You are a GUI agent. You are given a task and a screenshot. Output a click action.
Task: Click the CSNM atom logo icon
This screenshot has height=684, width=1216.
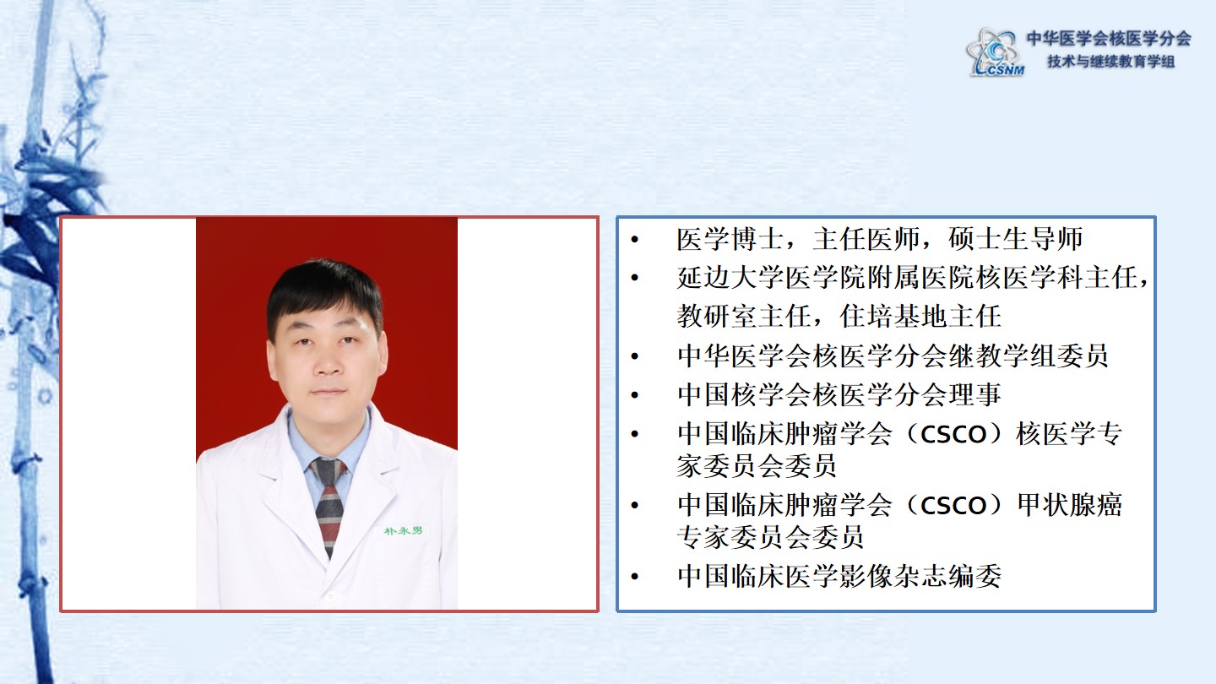tap(995, 52)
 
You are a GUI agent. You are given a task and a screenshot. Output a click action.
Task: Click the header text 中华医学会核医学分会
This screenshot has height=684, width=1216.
tap(1109, 39)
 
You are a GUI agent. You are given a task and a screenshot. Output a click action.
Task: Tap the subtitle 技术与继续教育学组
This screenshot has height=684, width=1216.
tap(1111, 62)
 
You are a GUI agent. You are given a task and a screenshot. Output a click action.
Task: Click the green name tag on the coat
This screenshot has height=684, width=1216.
tap(403, 530)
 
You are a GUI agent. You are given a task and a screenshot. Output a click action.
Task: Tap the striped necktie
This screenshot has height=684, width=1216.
tap(329, 505)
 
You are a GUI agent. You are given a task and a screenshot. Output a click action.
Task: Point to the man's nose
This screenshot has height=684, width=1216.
tap(328, 362)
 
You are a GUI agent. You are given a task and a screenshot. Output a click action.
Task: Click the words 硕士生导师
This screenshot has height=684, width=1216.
tap(1015, 239)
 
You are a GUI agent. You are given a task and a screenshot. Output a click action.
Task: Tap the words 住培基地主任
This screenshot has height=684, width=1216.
tap(920, 317)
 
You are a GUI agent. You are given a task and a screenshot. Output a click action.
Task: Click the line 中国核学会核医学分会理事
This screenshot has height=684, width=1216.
tap(839, 394)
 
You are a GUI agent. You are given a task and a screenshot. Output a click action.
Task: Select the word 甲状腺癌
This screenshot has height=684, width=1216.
tap(1069, 505)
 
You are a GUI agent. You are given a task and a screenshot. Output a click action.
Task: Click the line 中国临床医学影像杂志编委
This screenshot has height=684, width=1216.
tap(839, 576)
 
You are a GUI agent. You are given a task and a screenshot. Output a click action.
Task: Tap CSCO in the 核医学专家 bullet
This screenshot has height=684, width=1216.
tap(953, 435)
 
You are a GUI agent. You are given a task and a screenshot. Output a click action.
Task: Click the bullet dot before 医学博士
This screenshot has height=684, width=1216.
tap(635, 240)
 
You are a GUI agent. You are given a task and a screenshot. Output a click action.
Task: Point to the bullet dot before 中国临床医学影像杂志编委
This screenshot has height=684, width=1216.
tap(635, 577)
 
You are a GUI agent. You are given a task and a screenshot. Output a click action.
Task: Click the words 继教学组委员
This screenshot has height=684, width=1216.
tap(1028, 356)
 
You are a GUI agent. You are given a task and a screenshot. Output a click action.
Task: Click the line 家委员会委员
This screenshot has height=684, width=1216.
tap(757, 466)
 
